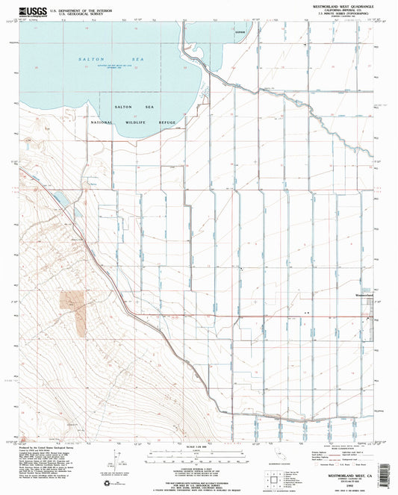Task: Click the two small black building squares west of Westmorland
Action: [x=305, y=304]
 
